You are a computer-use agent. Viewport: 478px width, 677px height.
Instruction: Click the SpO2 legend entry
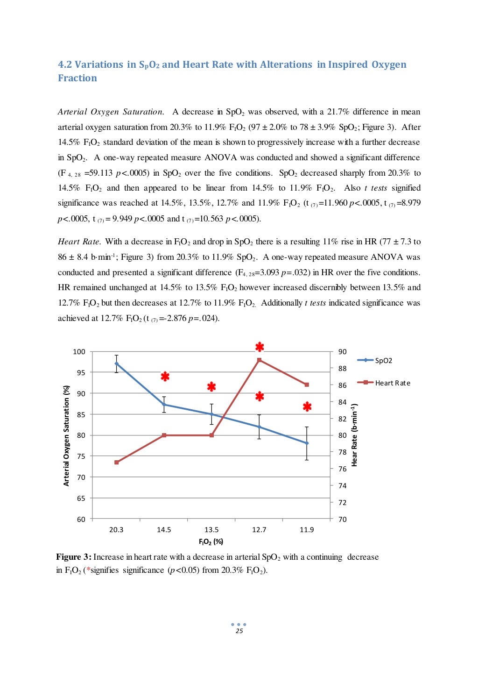[x=383, y=361]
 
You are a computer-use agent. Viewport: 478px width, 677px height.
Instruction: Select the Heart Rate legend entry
[x=392, y=383]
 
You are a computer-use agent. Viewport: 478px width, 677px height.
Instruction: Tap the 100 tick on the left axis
[x=79, y=352]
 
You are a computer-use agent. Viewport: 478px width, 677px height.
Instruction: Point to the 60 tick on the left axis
[x=81, y=519]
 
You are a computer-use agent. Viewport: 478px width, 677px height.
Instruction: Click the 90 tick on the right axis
[x=343, y=352]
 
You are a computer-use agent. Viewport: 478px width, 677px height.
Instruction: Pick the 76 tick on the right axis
[x=343, y=469]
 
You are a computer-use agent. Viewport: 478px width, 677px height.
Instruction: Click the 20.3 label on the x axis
[x=116, y=530]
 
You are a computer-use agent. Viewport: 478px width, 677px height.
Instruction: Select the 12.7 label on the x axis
[x=259, y=530]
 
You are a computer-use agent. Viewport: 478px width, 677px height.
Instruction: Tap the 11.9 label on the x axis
[x=307, y=530]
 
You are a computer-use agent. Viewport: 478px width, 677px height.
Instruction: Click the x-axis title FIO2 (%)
[x=211, y=542]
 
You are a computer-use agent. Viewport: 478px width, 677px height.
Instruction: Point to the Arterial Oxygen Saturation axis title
[x=66, y=435]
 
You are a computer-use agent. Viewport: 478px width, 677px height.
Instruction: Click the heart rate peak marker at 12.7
[x=259, y=360]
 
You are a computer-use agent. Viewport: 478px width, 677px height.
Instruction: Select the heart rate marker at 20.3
[x=116, y=463]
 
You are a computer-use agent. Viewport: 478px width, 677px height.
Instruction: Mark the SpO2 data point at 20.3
[x=116, y=363]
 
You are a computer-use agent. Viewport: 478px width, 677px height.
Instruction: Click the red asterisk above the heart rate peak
[x=260, y=347]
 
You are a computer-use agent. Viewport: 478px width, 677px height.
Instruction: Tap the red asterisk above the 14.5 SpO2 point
[x=165, y=377]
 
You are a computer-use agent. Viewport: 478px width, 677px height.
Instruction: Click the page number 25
[x=239, y=631]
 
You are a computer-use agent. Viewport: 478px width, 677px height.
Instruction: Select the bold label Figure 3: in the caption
[x=73, y=557]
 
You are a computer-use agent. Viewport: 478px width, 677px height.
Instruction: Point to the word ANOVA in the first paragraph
[x=220, y=157]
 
